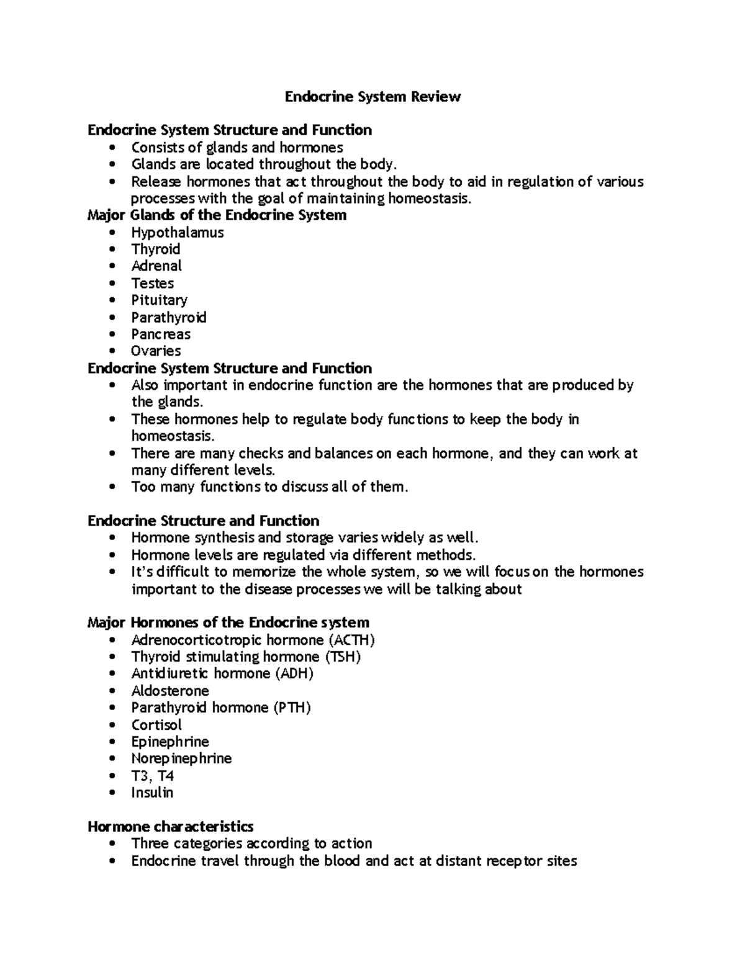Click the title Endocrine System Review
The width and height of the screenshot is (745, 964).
point(372,97)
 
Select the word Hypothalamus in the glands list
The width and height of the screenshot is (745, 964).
point(178,233)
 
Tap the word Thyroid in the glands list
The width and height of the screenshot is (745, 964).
point(156,250)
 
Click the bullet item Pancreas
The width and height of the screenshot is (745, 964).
point(161,335)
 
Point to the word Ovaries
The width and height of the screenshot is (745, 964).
point(156,351)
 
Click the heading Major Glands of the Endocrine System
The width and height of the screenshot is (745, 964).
point(217,215)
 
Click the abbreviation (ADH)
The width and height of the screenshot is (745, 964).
point(294,673)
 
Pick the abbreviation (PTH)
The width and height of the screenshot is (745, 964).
point(292,708)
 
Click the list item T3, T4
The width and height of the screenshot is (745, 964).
point(153,776)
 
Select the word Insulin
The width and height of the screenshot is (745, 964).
point(152,793)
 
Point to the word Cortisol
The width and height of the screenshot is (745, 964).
point(156,725)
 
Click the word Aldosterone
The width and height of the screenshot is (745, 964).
point(170,691)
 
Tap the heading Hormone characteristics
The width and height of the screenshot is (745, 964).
point(170,827)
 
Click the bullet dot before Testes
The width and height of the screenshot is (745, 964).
point(112,284)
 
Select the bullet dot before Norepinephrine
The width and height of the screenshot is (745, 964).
point(112,759)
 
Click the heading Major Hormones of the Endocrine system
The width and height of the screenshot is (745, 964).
point(228,623)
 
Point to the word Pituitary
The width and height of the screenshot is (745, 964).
point(159,300)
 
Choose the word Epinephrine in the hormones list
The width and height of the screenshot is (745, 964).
point(170,742)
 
